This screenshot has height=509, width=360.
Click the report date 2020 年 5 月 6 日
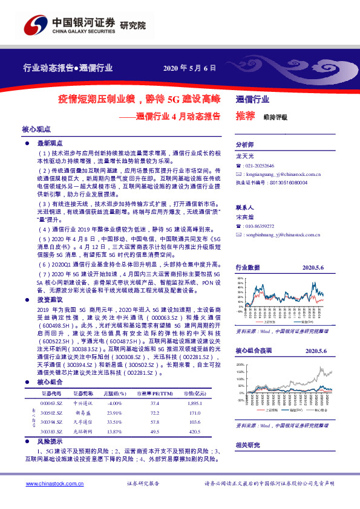190,68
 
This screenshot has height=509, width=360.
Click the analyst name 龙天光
244,156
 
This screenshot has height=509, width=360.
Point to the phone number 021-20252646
260,166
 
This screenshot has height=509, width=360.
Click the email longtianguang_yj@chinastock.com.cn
283,173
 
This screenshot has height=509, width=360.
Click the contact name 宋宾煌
244,216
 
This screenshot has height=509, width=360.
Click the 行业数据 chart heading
247,267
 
